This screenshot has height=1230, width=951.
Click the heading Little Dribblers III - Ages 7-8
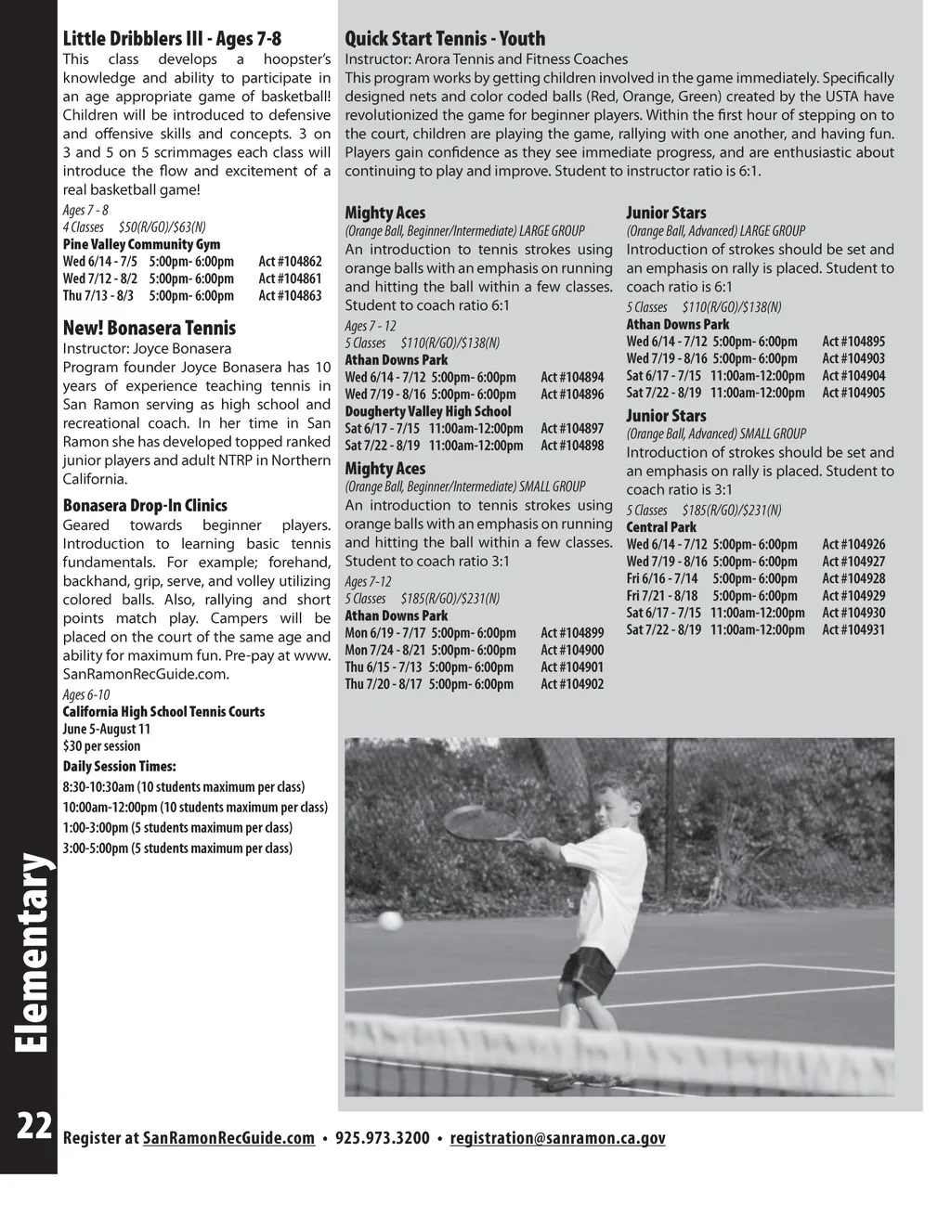coord(172,39)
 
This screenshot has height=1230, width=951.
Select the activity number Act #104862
coord(290,262)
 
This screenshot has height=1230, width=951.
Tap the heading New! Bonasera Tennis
coord(149,328)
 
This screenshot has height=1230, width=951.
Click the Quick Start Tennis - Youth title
coord(445,39)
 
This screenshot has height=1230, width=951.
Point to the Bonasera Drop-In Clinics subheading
coord(145,506)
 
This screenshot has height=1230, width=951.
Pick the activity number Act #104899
coord(572,633)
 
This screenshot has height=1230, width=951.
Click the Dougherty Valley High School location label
coord(428,411)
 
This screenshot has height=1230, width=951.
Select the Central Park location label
coord(661,527)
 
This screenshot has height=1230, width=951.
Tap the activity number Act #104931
coord(853,630)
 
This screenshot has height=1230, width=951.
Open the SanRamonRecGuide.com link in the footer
coord(228,1139)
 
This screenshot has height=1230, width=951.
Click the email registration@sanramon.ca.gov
coord(557,1139)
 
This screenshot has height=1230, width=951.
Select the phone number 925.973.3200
coord(382,1139)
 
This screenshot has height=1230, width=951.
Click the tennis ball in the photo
coord(392,921)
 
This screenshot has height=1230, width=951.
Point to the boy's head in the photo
coord(618,809)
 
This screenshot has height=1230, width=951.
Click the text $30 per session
coord(102,746)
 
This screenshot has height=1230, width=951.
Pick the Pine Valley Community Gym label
coord(141,245)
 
